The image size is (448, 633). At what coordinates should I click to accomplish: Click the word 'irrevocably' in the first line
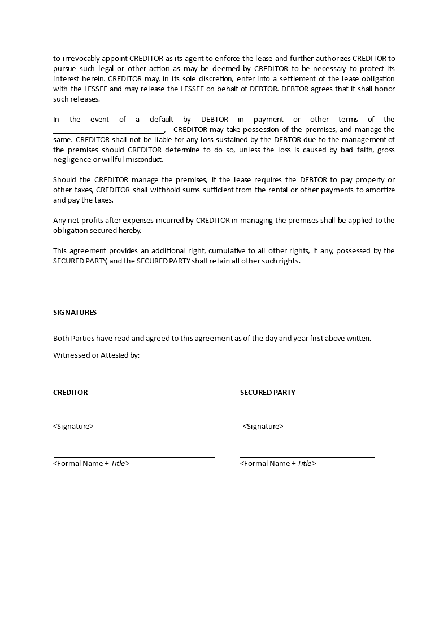pos(80,58)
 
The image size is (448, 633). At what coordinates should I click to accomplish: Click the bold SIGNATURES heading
pos(75,312)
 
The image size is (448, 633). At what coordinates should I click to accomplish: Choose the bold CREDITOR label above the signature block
pos(70,393)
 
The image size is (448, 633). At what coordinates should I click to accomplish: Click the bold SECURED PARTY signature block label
pos(267,393)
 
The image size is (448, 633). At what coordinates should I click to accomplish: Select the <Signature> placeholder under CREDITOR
pos(73,427)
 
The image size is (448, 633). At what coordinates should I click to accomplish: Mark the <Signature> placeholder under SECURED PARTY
pos(263,427)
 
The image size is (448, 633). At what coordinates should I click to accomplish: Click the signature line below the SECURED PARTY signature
pos(307,456)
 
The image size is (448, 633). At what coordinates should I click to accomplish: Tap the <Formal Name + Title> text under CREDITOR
pos(92,464)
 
